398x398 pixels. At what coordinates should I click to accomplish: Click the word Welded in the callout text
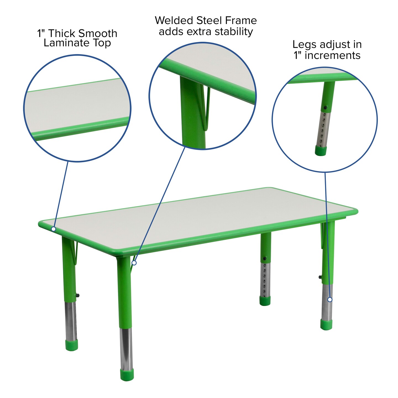point(174,20)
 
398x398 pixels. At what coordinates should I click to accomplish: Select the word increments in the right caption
point(332,55)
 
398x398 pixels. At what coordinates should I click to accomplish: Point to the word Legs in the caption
point(304,44)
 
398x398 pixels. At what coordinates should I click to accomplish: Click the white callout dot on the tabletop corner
point(54,229)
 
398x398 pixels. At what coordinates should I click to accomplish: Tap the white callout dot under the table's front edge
point(134,263)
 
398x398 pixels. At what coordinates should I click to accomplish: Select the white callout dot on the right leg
point(330,300)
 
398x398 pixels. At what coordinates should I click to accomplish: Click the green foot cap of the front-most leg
point(127,374)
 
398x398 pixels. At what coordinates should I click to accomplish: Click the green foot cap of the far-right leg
point(326,324)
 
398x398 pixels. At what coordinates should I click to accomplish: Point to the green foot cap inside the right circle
point(321,151)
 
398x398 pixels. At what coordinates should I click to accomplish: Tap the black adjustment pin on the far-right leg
point(320,277)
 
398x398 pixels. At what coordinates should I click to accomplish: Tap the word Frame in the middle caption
point(241,20)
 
